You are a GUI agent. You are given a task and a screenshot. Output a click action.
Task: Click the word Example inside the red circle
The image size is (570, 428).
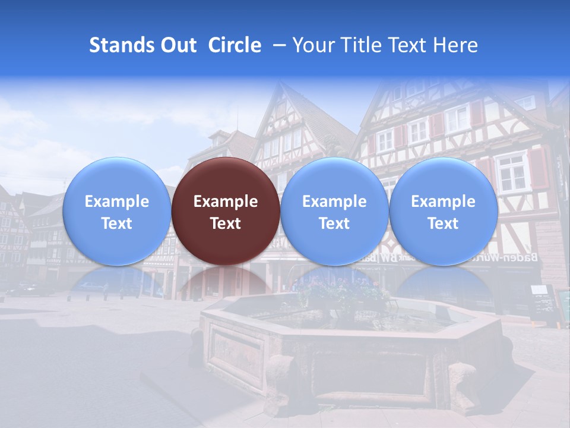(x=226, y=202)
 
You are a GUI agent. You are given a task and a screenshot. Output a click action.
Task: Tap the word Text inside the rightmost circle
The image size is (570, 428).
(x=443, y=224)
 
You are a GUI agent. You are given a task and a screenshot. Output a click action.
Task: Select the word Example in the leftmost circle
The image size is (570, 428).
(x=116, y=202)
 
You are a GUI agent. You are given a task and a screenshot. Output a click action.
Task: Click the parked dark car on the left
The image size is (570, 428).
(x=27, y=289)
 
